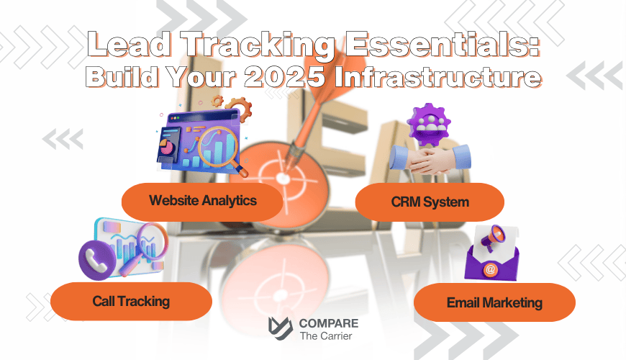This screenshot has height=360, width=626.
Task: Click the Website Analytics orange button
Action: click(202, 201)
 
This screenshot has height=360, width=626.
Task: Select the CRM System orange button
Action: click(430, 202)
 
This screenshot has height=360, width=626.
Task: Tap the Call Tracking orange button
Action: click(131, 301)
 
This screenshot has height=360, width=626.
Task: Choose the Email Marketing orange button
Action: click(494, 302)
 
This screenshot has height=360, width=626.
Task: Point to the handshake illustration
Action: click(430, 159)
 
